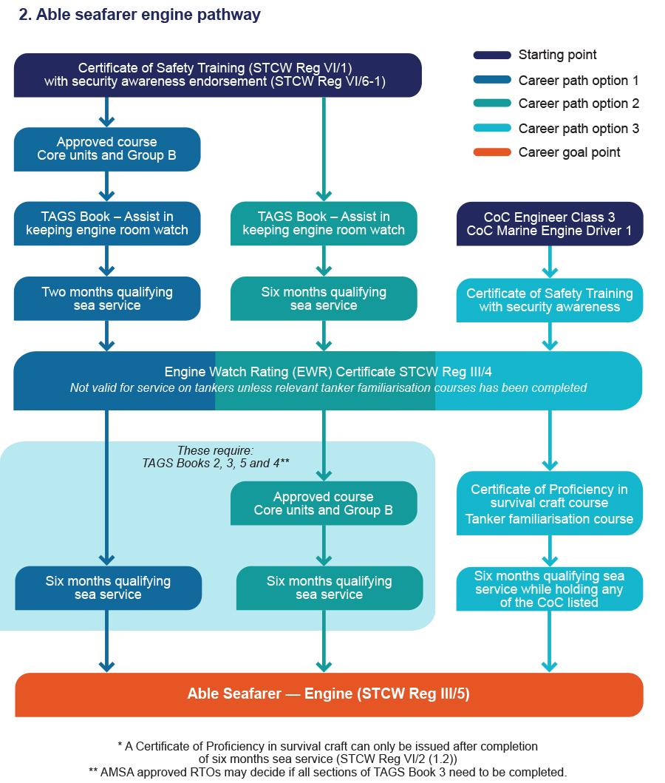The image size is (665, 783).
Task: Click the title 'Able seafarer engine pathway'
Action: click(x=139, y=15)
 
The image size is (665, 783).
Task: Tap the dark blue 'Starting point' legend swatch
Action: click(x=492, y=55)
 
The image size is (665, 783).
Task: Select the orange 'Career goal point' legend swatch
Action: click(x=492, y=152)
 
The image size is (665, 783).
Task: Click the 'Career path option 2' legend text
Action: click(x=579, y=104)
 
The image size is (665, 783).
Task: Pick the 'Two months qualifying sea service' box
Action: click(x=107, y=299)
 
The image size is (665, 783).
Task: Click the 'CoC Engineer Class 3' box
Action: click(x=550, y=224)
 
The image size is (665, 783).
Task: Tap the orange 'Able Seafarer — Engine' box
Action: click(x=329, y=694)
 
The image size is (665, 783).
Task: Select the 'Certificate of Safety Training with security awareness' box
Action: click(x=550, y=300)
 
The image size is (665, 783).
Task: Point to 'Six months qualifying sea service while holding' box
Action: click(x=550, y=589)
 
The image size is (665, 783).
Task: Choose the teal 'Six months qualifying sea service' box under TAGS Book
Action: click(x=324, y=299)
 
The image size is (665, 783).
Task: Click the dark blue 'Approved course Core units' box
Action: click(x=107, y=149)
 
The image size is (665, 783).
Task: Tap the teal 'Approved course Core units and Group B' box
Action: click(x=324, y=504)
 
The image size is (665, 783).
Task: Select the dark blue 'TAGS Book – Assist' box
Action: click(x=107, y=223)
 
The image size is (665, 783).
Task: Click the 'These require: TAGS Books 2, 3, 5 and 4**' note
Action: click(x=215, y=457)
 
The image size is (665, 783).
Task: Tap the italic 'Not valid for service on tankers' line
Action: click(x=328, y=388)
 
